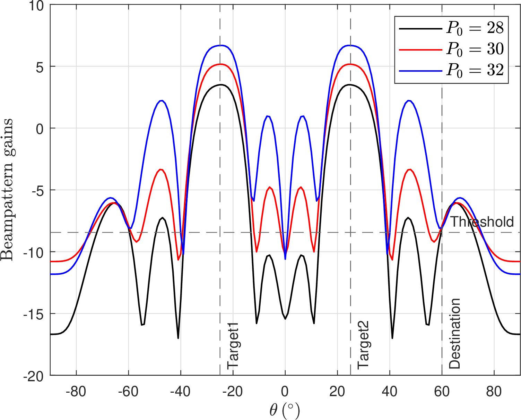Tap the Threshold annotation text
click(x=482, y=222)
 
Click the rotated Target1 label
click(x=233, y=346)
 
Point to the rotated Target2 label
click(x=364, y=346)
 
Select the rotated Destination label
click(x=454, y=334)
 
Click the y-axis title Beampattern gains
click(x=7, y=190)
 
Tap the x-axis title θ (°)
click(x=284, y=411)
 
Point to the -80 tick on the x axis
click(x=76, y=392)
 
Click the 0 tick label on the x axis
click(x=285, y=392)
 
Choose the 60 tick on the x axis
click(x=442, y=392)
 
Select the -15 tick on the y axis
click(x=34, y=314)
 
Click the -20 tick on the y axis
click(x=34, y=376)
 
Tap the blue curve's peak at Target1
click(x=220, y=45)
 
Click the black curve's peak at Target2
click(x=350, y=85)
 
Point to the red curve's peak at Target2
click(x=350, y=64)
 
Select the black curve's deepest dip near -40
click(x=178, y=338)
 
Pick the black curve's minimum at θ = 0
click(x=285, y=319)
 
